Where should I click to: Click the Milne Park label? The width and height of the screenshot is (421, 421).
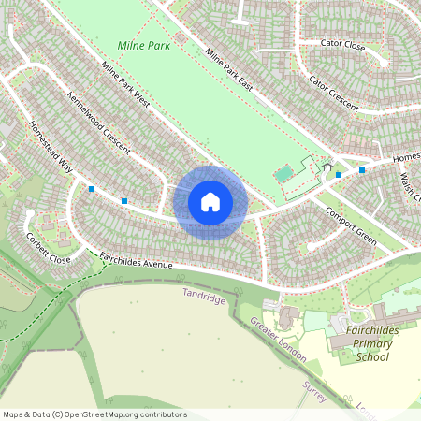144,45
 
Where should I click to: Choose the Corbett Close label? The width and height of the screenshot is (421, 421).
49,247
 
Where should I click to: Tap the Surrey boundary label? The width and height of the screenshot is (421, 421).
314,391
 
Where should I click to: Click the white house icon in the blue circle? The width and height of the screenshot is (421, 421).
210,202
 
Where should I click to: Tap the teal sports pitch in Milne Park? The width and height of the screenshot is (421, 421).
283,174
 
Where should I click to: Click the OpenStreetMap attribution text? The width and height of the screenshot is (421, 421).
94,414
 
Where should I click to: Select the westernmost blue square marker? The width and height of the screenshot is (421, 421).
92,189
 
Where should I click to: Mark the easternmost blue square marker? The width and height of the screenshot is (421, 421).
361,170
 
